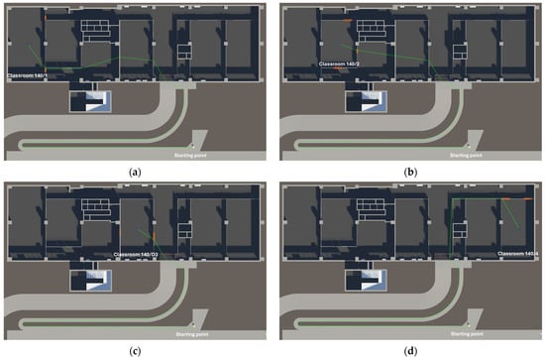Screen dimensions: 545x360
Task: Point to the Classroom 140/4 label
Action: click(517, 255)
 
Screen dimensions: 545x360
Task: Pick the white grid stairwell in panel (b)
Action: click(370, 28)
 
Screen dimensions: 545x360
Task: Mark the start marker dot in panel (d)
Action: click(468, 327)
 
